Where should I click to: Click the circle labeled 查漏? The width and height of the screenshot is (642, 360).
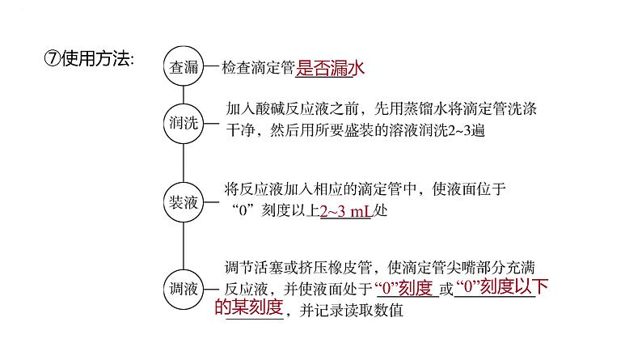pos(184,68)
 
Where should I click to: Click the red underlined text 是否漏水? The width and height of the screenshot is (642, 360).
pos(326,69)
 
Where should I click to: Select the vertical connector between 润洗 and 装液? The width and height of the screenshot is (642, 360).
pos(184,163)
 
